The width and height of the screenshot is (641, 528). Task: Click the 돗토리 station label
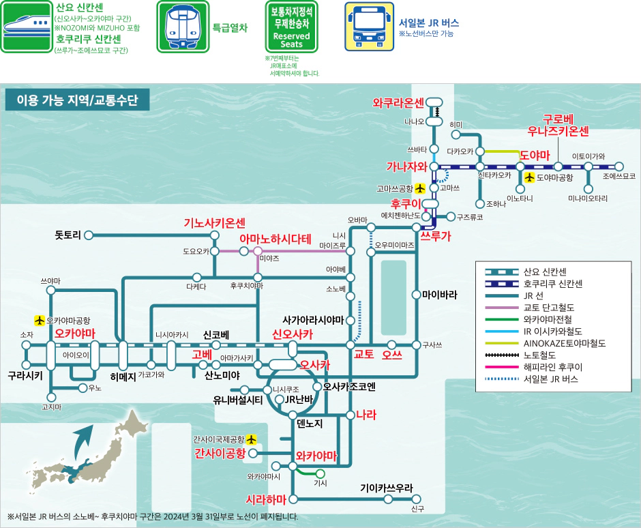tap(68, 235)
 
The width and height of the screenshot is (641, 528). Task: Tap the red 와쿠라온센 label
tap(399, 104)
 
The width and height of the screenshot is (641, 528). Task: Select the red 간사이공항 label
tap(220, 452)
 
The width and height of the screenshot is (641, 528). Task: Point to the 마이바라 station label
tap(439, 295)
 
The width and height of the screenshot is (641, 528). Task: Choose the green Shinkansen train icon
tap(26, 26)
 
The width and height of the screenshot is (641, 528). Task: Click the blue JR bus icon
tap(368, 26)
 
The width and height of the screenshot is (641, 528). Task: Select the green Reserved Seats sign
tap(291, 26)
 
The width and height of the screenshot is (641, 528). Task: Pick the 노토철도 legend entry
tap(539, 355)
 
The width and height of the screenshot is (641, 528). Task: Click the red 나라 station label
tap(366, 414)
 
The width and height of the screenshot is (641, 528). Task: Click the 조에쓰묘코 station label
tap(618, 176)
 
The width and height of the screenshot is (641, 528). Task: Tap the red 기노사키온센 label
tap(214, 223)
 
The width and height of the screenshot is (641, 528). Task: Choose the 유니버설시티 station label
tap(238, 400)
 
